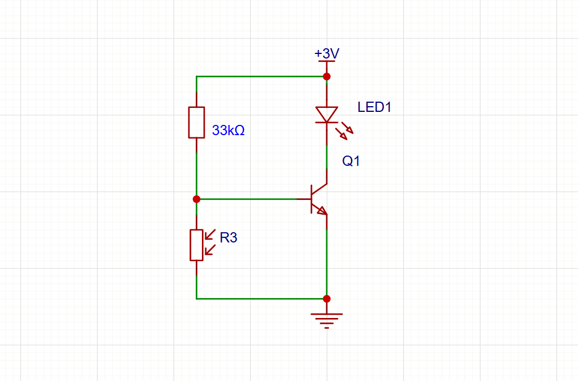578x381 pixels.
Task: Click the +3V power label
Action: pos(327,53)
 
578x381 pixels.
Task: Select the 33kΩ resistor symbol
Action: pos(196,122)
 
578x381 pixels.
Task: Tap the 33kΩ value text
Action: pos(228,131)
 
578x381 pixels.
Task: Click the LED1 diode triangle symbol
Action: pos(327,114)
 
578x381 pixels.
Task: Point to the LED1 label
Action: pos(374,107)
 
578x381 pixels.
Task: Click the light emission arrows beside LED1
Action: pos(344,132)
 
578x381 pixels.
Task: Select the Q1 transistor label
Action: pos(351,161)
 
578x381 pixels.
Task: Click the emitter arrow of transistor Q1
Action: pos(322,210)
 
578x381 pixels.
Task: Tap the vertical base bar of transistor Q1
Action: pos(311,199)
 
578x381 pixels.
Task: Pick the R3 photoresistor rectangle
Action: pos(196,245)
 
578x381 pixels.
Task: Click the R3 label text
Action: pos(228,238)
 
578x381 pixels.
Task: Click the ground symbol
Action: pos(327,319)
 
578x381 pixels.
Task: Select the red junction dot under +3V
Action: pos(327,76)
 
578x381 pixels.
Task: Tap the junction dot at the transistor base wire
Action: pos(196,199)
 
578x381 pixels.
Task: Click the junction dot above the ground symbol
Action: pos(327,299)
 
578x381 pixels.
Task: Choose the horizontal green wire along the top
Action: pos(261,76)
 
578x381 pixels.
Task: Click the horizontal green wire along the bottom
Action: pos(261,299)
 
